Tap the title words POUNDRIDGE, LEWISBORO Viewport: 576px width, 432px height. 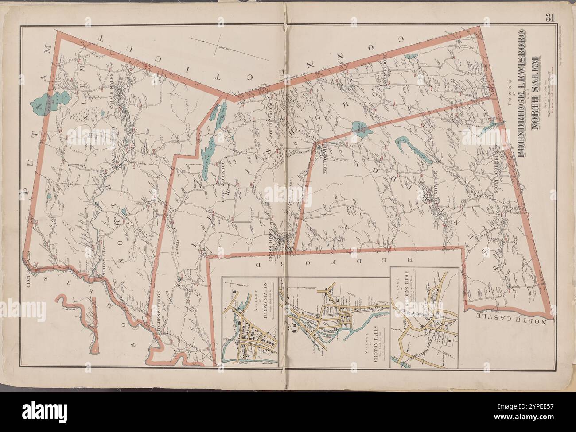pyautogui.click(x=522, y=93)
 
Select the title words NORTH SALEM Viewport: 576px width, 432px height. pyautogui.click(x=535, y=93)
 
